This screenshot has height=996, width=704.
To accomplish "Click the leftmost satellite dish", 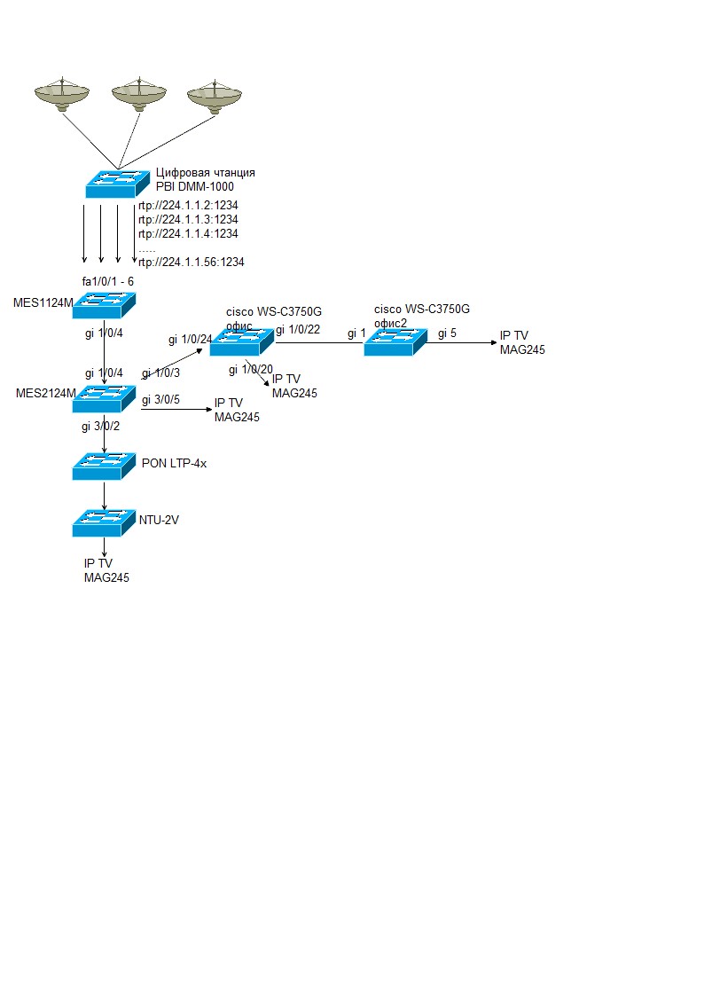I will (62, 95).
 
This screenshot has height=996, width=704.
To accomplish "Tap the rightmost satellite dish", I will (215, 97).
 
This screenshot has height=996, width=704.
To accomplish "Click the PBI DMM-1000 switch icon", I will (117, 184).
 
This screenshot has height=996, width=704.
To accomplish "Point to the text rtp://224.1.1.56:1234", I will (192, 263).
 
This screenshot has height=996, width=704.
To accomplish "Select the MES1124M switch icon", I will (104, 306).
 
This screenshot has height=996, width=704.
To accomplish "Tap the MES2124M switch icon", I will (104, 397).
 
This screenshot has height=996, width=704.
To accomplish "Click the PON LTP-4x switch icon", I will (104, 467).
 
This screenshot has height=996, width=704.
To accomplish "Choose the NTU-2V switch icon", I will (104, 522).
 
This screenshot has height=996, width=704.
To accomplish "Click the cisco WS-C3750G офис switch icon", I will (240, 341).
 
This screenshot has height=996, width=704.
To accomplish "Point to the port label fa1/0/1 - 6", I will (108, 281).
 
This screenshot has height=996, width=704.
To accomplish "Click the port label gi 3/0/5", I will (160, 400).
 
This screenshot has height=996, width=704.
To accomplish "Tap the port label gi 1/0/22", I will (298, 330).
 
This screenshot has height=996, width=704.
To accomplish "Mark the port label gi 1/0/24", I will (190, 340).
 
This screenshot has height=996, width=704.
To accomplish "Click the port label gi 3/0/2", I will (100, 427).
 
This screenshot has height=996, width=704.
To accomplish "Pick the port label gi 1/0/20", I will (250, 369).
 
